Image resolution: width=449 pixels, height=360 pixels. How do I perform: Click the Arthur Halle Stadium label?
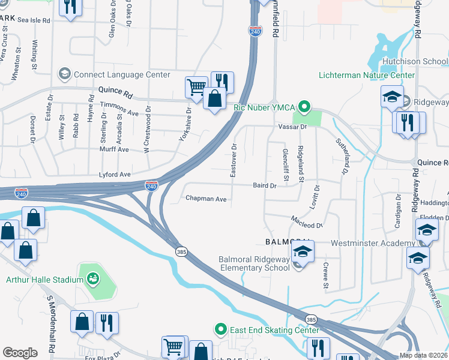tap(44, 279)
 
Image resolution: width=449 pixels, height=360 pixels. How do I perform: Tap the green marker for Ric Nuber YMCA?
tap(304, 108)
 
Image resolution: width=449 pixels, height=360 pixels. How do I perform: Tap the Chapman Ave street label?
tap(206, 198)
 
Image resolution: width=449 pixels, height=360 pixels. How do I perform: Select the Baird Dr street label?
tap(264, 186)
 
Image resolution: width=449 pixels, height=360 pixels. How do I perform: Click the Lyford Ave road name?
tap(115, 175)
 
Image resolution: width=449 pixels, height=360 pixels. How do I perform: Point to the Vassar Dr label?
tap(292, 127)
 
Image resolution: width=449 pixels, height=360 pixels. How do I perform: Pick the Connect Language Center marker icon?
tap(64, 75)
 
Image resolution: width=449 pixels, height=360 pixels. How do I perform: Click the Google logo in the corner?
tap(20, 352)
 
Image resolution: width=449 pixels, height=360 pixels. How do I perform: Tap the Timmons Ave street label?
tap(119, 109)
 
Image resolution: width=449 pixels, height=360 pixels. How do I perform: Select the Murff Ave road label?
tap(114, 149)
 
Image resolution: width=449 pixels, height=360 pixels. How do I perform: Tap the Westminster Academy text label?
tap(372, 244)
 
